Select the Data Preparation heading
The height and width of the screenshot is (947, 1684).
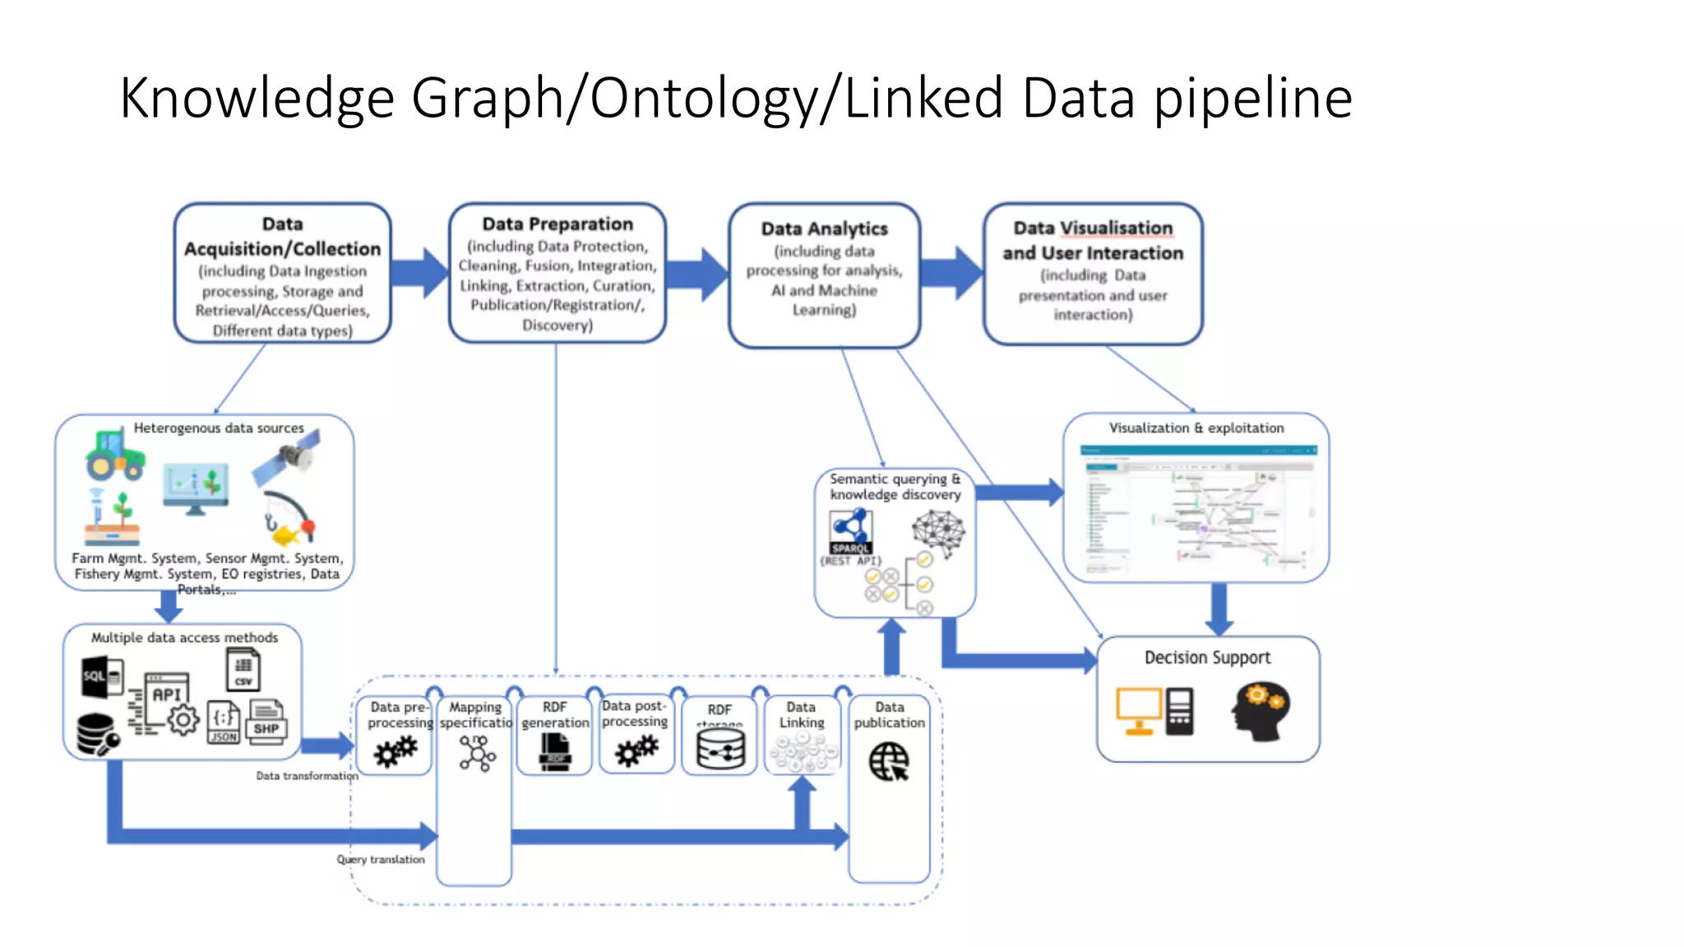point(557,224)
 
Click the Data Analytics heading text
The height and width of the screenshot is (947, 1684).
point(824,229)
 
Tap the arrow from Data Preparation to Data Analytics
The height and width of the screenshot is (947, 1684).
point(696,275)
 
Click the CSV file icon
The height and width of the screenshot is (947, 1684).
point(243,669)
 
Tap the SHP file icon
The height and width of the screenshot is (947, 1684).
point(266,722)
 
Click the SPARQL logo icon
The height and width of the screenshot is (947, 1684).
point(849,531)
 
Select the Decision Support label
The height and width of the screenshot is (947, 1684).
point(1207,658)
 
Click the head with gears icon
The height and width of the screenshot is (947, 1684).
point(1260,712)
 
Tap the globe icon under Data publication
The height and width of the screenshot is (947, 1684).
point(889,761)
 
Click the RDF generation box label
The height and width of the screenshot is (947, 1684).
point(555,714)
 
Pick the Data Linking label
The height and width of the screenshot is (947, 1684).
point(801,714)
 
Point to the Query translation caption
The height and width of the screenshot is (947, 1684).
point(380,859)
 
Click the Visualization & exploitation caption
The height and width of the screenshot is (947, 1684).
point(1196,427)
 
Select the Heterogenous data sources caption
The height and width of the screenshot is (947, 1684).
point(219,427)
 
